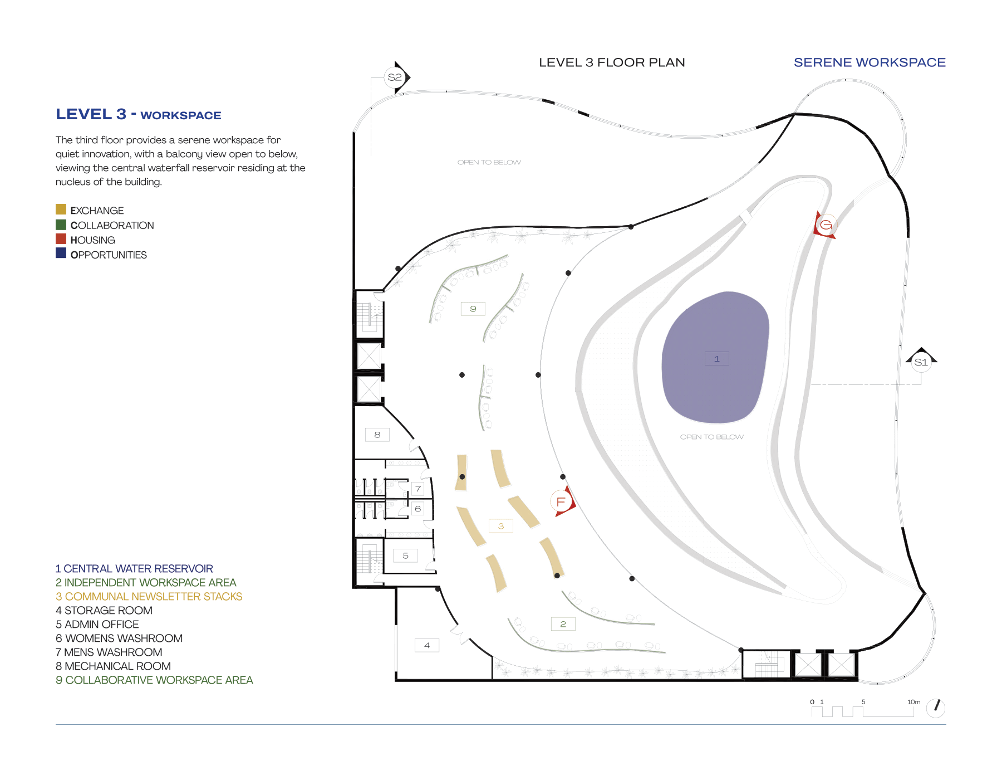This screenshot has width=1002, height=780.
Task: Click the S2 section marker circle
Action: click(x=394, y=77)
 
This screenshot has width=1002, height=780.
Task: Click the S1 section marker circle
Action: click(x=921, y=362)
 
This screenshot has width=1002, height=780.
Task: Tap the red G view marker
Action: click(x=826, y=225)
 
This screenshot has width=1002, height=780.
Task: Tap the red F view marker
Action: click(x=561, y=501)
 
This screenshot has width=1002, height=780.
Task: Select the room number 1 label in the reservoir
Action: click(x=716, y=359)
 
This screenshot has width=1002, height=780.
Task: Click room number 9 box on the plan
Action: click(x=473, y=309)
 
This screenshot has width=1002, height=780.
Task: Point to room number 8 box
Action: click(x=377, y=435)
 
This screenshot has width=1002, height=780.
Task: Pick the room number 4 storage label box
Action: click(x=427, y=645)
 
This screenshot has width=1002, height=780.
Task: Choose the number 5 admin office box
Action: click(x=405, y=555)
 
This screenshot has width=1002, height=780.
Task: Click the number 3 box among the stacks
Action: click(x=501, y=526)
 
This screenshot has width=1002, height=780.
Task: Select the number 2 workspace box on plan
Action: click(x=563, y=624)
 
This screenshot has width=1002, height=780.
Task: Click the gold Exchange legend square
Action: click(x=61, y=209)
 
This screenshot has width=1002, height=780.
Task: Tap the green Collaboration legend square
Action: click(x=61, y=225)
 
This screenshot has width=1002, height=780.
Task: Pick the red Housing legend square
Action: click(x=61, y=239)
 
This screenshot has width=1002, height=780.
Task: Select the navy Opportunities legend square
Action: click(x=61, y=253)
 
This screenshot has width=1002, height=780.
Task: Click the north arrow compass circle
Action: click(x=936, y=708)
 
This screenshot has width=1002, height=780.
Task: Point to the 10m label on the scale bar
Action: click(x=913, y=702)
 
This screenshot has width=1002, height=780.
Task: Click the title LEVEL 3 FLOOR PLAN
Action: click(x=612, y=62)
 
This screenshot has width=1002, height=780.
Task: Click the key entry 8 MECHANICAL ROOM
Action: click(x=113, y=666)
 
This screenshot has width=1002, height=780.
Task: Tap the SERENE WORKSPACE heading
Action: click(x=870, y=62)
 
